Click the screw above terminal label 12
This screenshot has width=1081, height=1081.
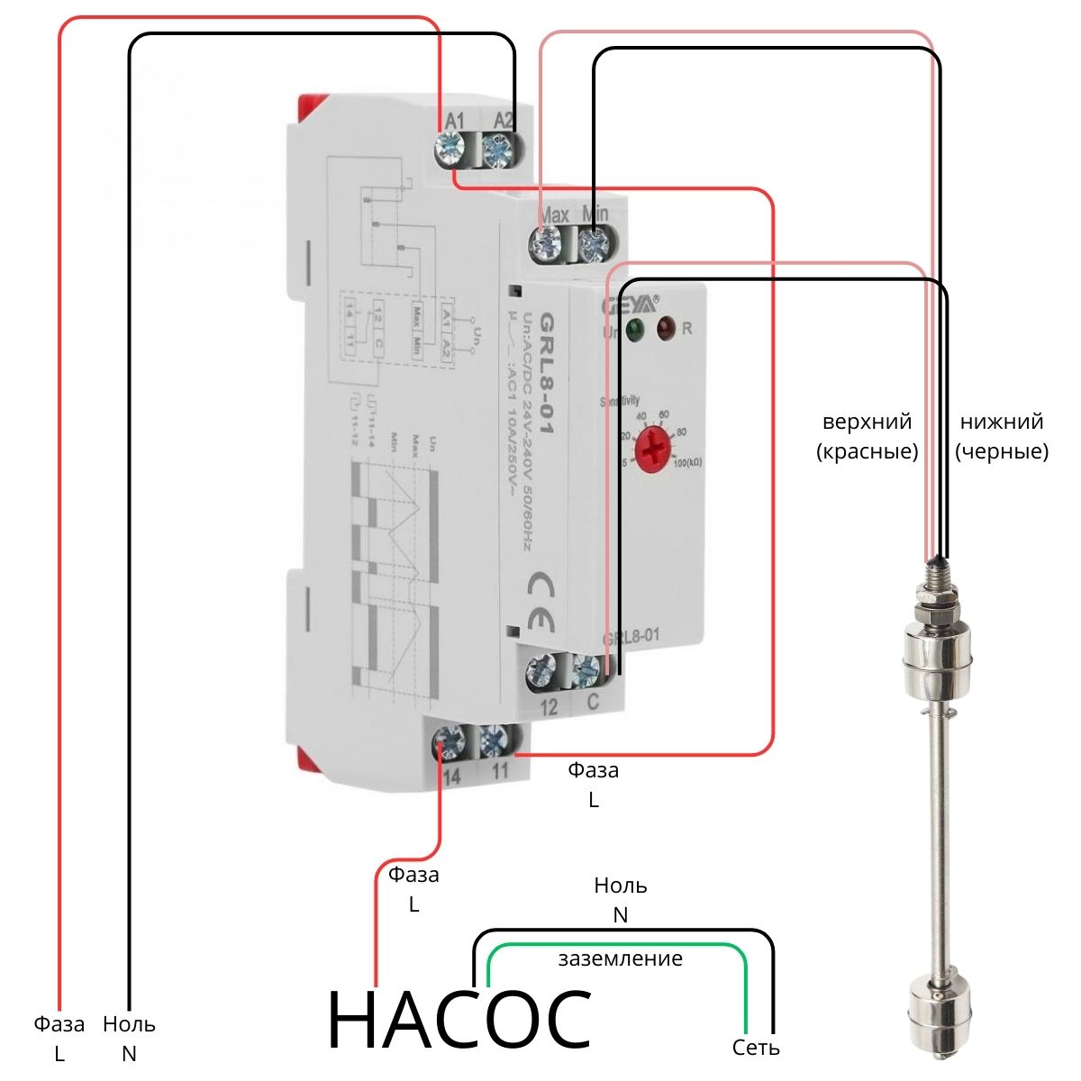pyautogui.click(x=542, y=669)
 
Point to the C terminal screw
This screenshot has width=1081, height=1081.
pyautogui.click(x=586, y=669)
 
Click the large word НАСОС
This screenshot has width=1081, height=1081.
pyautogui.click(x=459, y=1022)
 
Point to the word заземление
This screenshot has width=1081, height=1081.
pyautogui.click(x=620, y=958)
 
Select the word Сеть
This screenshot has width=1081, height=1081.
pyautogui.click(x=756, y=1048)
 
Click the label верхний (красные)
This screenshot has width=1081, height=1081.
pyautogui.click(x=867, y=436)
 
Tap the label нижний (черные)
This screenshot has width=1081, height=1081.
pyautogui.click(x=1002, y=436)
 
